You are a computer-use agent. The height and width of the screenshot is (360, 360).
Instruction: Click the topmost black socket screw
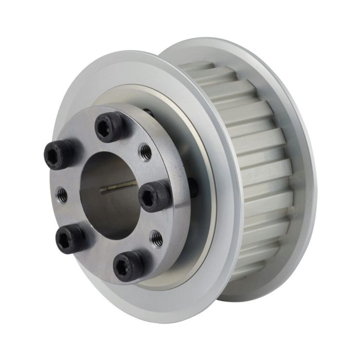[x=110, y=126]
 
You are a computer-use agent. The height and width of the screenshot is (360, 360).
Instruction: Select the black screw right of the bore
[x=155, y=196]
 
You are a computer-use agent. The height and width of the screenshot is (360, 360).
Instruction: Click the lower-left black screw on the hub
[x=71, y=238]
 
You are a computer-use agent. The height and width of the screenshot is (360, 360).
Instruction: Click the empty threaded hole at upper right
[x=146, y=151]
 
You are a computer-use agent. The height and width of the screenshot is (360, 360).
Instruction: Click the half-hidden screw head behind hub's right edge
[x=193, y=187]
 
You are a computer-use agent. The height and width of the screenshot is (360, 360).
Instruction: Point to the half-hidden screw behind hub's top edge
[x=148, y=112]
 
